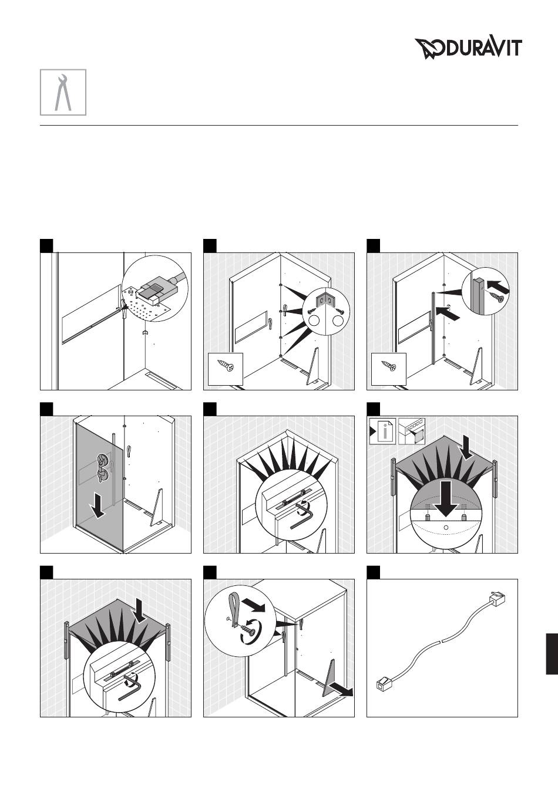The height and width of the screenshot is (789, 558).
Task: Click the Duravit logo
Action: [x=468, y=48]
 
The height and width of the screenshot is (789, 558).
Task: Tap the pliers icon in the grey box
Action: [x=63, y=92]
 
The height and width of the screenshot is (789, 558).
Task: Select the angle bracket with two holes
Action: [x=327, y=299]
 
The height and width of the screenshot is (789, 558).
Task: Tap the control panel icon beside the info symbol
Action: [x=412, y=431]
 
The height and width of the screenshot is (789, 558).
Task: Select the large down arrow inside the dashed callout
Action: [x=446, y=498]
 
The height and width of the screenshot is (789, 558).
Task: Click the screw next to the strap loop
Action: [x=249, y=628]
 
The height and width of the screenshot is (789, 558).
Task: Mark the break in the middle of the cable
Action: [x=442, y=640]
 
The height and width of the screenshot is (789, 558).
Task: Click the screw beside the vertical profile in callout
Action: [x=495, y=298]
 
